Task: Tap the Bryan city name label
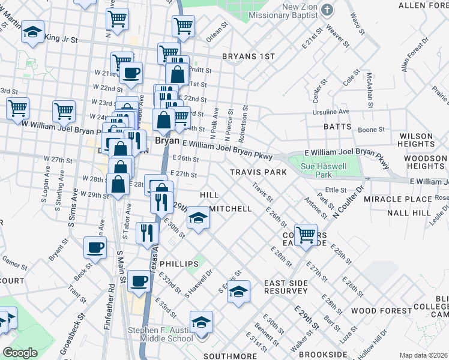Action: point(167,140)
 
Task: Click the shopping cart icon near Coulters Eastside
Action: point(306,233)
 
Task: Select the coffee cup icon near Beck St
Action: point(95,247)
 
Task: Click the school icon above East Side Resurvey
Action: point(238,292)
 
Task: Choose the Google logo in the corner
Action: point(20,353)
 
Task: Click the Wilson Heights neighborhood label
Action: point(416,140)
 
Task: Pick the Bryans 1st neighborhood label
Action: point(248,56)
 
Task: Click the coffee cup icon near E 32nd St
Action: point(139,280)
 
